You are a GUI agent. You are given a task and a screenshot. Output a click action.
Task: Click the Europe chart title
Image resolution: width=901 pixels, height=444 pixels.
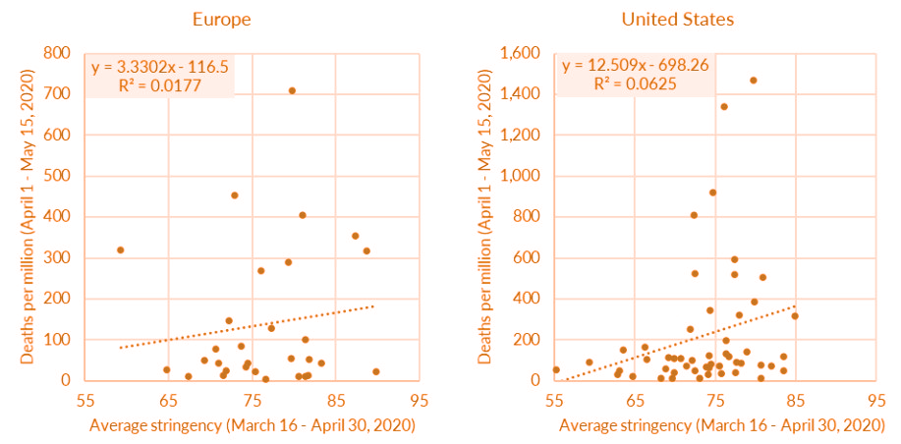click(x=222, y=19)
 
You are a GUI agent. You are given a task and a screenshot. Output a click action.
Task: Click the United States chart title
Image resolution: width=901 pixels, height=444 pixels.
click(x=677, y=19)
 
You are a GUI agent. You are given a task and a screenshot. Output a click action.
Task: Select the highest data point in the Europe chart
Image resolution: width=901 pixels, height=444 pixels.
click(x=292, y=90)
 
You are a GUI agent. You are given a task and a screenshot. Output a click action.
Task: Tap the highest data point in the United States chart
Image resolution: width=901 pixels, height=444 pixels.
click(x=754, y=81)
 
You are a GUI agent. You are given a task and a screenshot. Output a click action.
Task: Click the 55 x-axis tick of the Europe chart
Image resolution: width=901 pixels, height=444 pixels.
click(x=84, y=402)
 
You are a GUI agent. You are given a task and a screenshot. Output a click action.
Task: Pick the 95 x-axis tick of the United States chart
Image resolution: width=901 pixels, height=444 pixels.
click(x=875, y=402)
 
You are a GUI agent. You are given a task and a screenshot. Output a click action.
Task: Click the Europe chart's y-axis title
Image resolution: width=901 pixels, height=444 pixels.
click(x=28, y=216)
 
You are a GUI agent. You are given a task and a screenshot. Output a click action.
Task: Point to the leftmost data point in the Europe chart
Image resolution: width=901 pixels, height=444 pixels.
click(x=120, y=250)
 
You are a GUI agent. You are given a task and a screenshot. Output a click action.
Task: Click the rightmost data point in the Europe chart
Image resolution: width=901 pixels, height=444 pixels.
click(x=376, y=372)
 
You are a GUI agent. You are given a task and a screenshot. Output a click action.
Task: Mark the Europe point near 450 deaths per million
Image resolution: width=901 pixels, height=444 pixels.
click(x=235, y=195)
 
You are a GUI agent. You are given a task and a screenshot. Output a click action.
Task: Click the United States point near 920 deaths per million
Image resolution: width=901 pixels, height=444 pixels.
click(x=712, y=193)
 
